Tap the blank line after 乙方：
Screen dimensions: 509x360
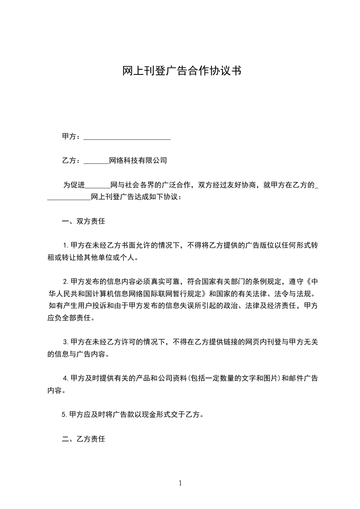[x=97, y=161]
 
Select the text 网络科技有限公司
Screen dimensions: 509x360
[x=138, y=161]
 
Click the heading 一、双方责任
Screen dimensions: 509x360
[x=84, y=222]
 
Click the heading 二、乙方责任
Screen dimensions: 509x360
[x=84, y=439]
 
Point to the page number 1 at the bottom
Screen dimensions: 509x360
[x=180, y=483]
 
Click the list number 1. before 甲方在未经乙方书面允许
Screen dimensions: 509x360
[x=66, y=246]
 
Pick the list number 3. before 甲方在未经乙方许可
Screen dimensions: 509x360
[x=66, y=342]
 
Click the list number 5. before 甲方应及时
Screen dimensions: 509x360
[x=64, y=414]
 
